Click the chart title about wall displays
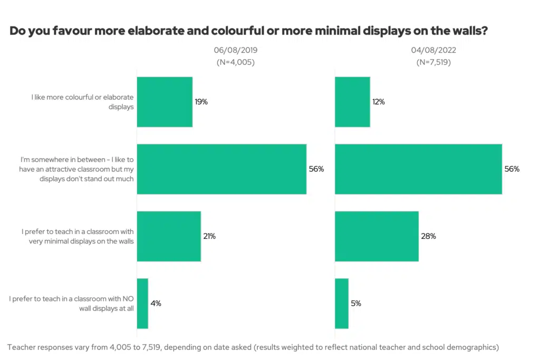(248, 31)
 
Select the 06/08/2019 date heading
(235, 51)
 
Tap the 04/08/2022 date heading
(433, 51)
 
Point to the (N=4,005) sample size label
(235, 62)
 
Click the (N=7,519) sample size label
(433, 62)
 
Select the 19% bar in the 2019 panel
(165, 102)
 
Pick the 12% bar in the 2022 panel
(352, 102)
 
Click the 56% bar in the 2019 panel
(221, 169)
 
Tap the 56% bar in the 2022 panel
(418, 169)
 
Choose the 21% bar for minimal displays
(169, 236)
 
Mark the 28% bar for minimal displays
(377, 236)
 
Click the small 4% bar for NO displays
(142, 304)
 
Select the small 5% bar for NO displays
(342, 304)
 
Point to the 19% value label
(201, 102)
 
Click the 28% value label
(428, 236)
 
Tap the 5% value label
(356, 304)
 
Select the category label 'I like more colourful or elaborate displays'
(82, 102)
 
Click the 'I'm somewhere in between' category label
(77, 169)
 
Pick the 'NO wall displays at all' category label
(72, 304)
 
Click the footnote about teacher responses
(253, 347)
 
